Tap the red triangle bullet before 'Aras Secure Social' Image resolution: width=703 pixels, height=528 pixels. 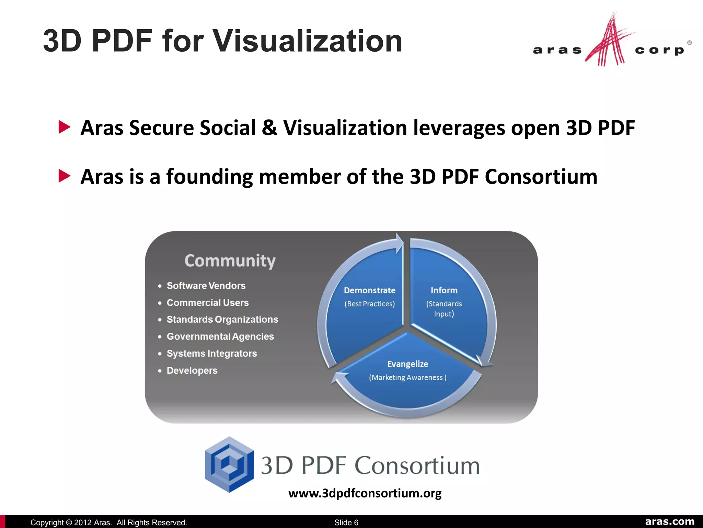(64, 127)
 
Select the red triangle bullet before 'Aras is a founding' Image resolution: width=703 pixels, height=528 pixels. (64, 176)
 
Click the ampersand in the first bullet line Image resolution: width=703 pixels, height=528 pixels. (269, 128)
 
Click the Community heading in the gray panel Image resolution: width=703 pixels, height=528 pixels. (230, 261)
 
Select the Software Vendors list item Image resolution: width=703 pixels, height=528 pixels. (206, 286)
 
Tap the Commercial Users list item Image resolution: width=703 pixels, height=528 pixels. (208, 302)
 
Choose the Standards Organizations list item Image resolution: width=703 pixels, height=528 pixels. (222, 319)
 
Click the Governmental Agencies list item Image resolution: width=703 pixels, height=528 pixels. (220, 336)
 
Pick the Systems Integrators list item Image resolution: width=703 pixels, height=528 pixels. (211, 353)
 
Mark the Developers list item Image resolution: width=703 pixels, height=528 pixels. (192, 370)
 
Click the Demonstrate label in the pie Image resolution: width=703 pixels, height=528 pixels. (369, 290)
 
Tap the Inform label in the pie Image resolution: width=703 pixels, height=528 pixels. (444, 290)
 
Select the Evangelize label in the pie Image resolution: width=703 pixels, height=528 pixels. (407, 364)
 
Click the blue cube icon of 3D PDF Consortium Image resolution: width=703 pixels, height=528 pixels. (229, 464)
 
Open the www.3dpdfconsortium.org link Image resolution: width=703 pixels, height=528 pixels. (365, 493)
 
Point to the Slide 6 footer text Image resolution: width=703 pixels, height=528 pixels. (346, 522)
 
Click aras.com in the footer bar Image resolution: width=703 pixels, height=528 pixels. (670, 521)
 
